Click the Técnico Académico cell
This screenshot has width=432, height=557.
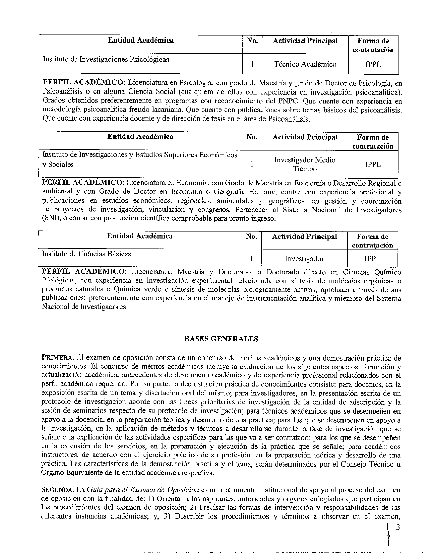click(x=305, y=64)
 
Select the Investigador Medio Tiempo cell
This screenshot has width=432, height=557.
click(x=305, y=164)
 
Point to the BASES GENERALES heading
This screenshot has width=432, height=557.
click(x=221, y=339)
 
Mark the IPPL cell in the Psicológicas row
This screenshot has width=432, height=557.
click(x=373, y=64)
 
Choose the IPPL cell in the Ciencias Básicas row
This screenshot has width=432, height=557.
click(x=372, y=259)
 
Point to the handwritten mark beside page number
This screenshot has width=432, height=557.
click(x=389, y=535)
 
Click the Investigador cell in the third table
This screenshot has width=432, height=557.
click(x=304, y=259)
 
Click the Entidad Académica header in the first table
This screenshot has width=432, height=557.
click(x=141, y=41)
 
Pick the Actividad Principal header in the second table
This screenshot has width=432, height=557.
click(x=305, y=137)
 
